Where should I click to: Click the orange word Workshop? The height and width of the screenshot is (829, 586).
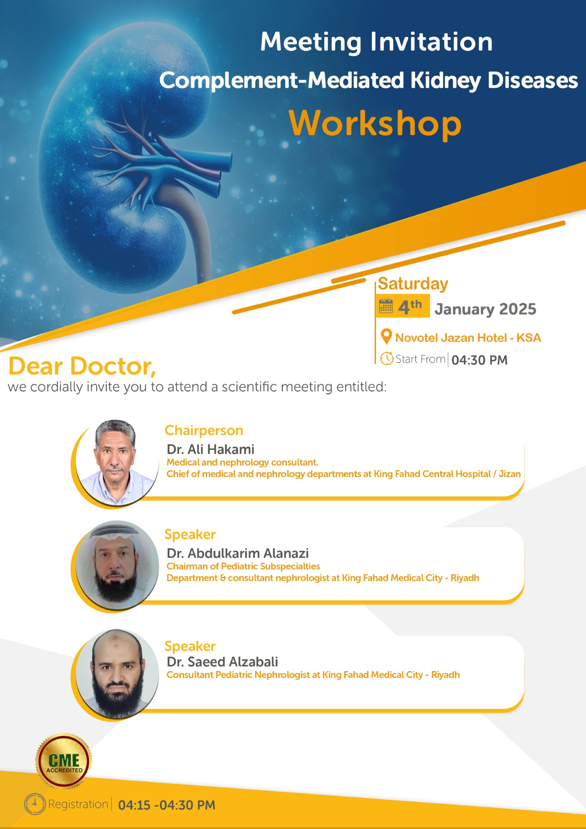tap(375, 124)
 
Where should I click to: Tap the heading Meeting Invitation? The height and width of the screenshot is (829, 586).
tap(376, 42)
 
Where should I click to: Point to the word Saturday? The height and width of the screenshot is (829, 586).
tap(413, 284)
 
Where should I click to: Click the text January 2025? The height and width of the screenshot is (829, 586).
tap(485, 309)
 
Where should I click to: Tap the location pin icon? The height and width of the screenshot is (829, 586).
tap(386, 337)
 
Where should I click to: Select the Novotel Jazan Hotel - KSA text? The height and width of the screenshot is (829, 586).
tap(468, 338)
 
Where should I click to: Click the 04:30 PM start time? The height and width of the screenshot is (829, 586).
tap(479, 360)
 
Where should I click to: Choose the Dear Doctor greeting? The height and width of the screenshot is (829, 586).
tap(82, 367)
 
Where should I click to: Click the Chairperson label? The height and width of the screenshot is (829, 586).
tap(204, 430)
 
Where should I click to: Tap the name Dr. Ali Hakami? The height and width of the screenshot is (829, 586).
tap(210, 449)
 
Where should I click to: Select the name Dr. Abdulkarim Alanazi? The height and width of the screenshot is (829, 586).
tap(238, 553)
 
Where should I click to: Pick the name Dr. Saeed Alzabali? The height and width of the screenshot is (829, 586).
tap(222, 662)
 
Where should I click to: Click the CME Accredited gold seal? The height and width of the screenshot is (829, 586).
tap(64, 761)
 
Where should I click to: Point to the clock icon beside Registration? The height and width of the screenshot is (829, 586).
tap(35, 804)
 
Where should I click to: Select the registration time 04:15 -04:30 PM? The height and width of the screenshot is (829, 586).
tap(166, 805)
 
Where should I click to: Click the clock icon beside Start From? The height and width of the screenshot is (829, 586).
tap(387, 358)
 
